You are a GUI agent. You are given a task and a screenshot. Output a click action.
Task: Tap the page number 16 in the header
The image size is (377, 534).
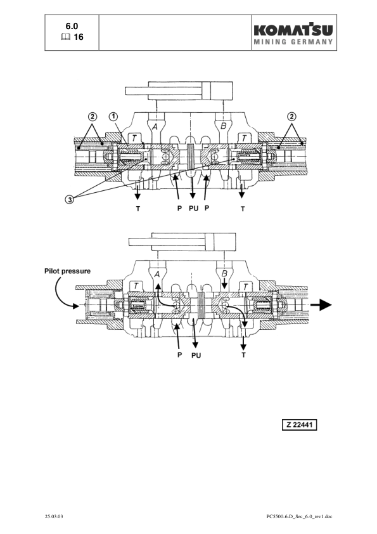point(79,37)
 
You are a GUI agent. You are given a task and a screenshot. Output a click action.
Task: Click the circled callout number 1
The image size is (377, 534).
point(113,116)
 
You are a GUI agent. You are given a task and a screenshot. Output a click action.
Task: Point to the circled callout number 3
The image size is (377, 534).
point(70,200)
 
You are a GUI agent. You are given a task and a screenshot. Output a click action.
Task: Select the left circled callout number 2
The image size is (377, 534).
point(92,116)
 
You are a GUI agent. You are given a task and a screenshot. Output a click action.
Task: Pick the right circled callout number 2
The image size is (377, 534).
point(291,116)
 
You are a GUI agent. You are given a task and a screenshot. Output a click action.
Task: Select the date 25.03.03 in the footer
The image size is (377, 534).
point(54,516)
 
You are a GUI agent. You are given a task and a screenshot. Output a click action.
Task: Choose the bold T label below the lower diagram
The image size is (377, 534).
point(244,355)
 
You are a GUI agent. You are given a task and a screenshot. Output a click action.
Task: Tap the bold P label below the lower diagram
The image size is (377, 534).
point(178,355)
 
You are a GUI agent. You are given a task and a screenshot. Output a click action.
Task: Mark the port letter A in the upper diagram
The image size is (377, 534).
point(153,126)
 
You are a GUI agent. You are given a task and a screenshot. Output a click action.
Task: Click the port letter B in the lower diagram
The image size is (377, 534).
point(225,273)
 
